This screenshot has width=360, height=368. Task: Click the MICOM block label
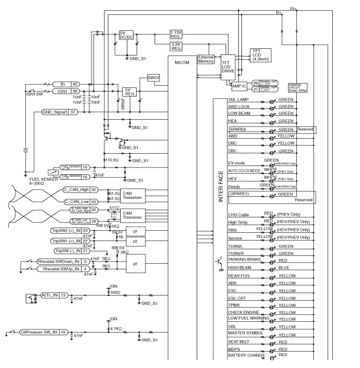tap(182, 63)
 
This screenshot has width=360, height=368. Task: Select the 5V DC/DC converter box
tap(126, 35)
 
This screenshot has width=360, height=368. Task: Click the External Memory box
tap(206, 59)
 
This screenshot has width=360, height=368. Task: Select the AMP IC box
tap(240, 86)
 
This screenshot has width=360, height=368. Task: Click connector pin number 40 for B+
tap(75, 84)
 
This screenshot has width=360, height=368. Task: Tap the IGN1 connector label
tap(62, 91)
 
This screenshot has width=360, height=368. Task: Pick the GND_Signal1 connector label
tap(56, 112)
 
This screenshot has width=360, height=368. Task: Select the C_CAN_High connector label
tap(76, 190)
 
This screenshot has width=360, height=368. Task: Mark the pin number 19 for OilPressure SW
tap(63, 332)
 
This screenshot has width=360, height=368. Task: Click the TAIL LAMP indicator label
tap(239, 99)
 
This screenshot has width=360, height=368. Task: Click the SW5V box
tap(153, 78)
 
